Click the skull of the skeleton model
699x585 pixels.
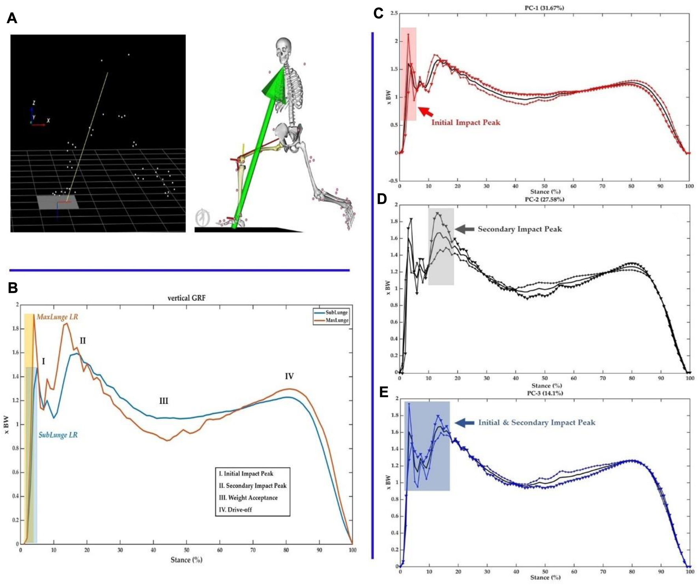283,49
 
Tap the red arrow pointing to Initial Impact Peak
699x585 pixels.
425,111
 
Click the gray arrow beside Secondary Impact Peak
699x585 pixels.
465,229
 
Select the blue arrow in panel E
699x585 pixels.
465,423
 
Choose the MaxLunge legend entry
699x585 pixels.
336,320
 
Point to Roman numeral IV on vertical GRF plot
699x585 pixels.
289,376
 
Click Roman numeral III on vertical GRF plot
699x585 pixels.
163,401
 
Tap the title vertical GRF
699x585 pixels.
186,298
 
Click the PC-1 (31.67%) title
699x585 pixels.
544,7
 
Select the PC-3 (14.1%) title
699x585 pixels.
545,393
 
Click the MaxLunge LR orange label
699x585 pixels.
57,317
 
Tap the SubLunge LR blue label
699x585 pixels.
58,435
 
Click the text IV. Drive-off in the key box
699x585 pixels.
235,509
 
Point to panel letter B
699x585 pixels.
13,288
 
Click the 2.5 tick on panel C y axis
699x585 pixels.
393,13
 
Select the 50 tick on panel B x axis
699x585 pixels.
187,550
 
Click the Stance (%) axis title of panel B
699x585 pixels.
186,560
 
